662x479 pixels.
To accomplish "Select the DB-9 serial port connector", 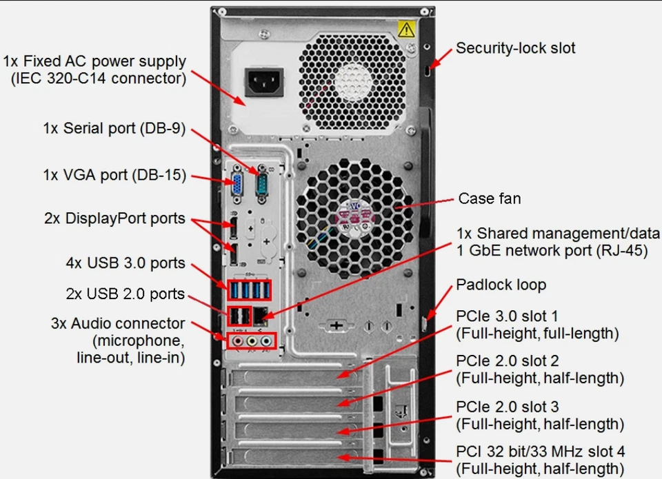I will click(262, 184).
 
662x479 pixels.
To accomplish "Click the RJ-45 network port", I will click(262, 316).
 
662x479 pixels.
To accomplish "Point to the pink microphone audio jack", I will click(238, 340).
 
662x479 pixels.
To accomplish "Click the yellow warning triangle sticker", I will click(406, 29).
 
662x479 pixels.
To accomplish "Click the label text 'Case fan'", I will click(490, 199).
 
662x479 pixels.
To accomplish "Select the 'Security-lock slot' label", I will click(515, 48).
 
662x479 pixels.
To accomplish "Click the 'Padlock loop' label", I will click(501, 285).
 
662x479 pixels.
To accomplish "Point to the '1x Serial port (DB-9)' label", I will click(114, 128).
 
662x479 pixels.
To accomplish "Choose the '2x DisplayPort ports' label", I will click(114, 218).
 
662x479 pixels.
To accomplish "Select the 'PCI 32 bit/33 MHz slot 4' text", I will click(541, 452).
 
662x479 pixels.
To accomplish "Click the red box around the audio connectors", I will click(252, 341).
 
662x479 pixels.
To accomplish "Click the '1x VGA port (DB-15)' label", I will click(114, 175).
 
